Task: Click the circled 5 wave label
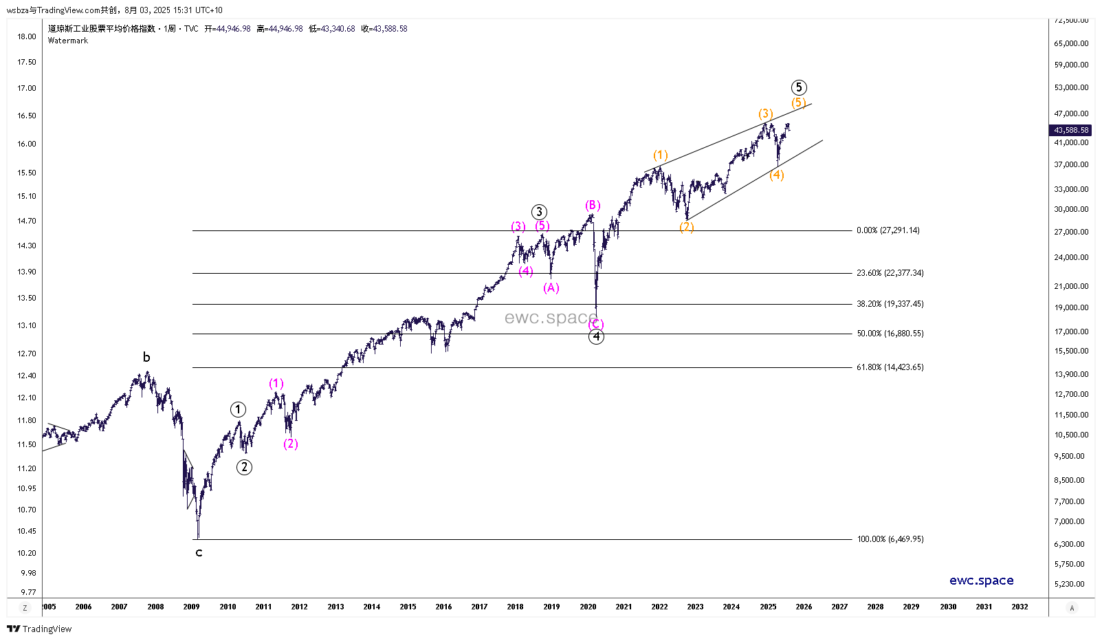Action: click(x=798, y=87)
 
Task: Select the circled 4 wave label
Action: click(x=596, y=336)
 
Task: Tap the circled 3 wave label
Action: click(x=539, y=212)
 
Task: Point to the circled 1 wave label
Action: click(x=238, y=410)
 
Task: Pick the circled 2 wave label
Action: click(x=244, y=467)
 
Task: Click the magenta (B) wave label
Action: click(x=593, y=205)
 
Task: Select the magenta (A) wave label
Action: click(x=551, y=287)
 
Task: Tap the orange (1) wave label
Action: click(x=660, y=155)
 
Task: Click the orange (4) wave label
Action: click(x=777, y=175)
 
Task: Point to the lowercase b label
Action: click(x=146, y=357)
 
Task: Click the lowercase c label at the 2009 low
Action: click(x=199, y=552)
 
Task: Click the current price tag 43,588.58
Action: click(x=1072, y=130)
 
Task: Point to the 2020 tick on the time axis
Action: click(x=588, y=607)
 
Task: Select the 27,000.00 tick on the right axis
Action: click(x=1071, y=232)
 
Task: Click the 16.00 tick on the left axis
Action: click(x=27, y=144)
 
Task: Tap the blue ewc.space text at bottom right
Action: click(x=981, y=580)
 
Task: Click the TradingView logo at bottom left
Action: click(x=39, y=629)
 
